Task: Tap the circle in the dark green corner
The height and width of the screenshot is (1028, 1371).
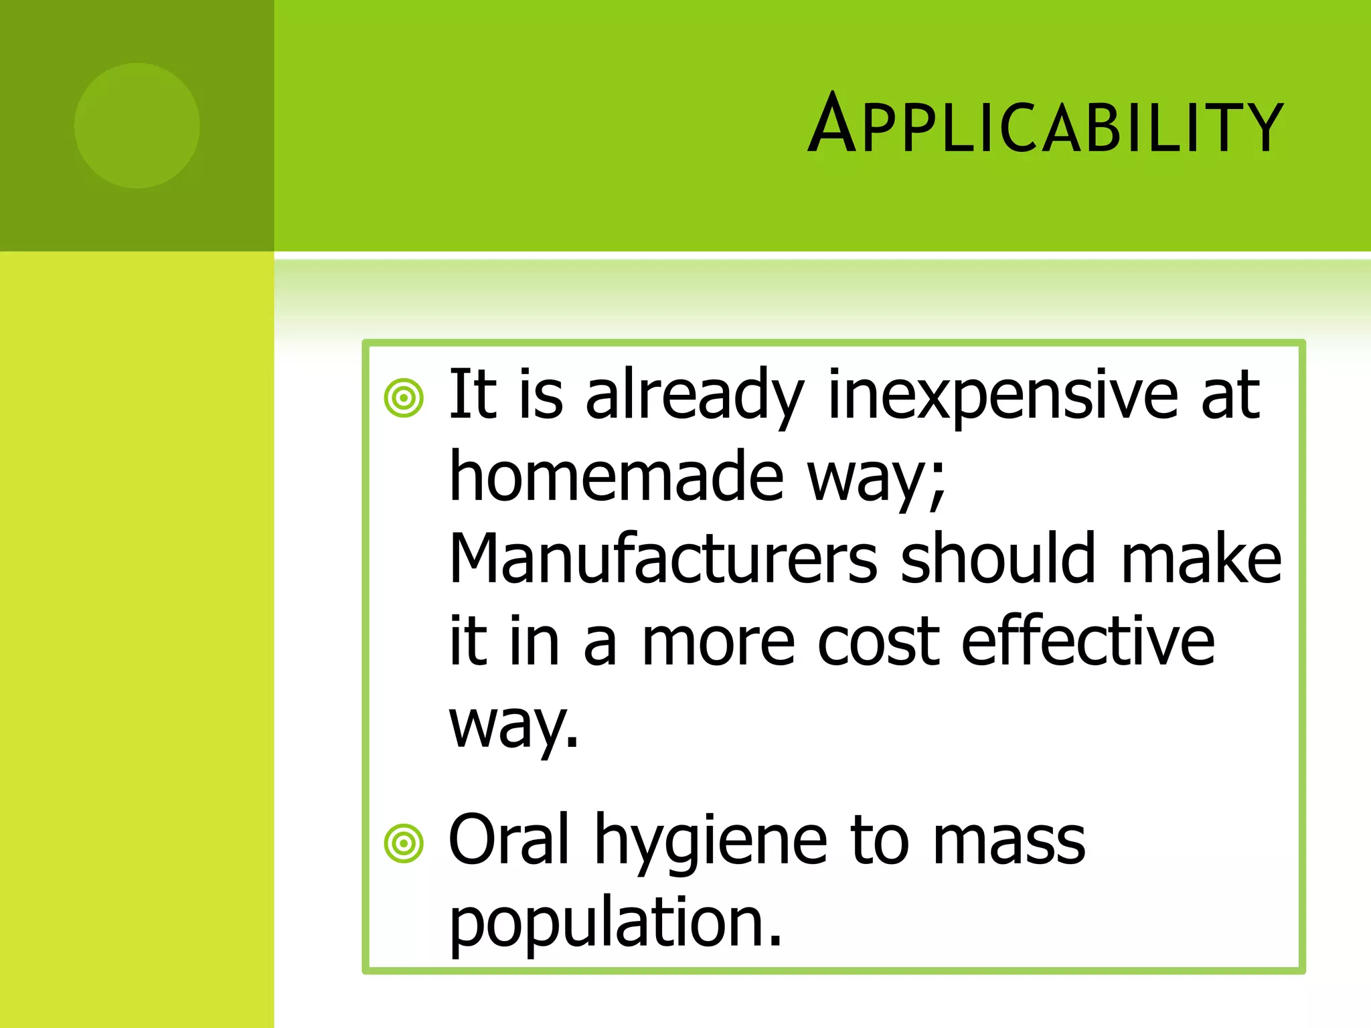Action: tap(137, 126)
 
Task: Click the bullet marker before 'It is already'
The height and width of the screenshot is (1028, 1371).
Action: tap(404, 398)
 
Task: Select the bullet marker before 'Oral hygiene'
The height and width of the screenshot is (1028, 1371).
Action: tap(404, 844)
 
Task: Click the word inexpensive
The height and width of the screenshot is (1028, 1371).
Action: tap(1002, 396)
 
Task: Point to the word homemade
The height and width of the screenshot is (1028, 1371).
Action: tap(616, 477)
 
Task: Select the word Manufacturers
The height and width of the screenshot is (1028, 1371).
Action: tap(663, 559)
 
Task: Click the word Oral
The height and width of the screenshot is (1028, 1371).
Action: tap(509, 840)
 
